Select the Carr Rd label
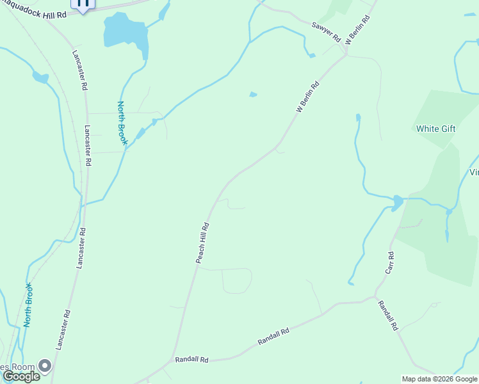tap(389, 263)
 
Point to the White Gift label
tap(435, 129)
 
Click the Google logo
tap(21, 376)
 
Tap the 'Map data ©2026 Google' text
tap(439, 379)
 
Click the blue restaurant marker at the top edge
tap(83, 4)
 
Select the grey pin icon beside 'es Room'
tap(45, 366)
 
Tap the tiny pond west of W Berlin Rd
tap(253, 95)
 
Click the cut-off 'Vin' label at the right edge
tap(474, 172)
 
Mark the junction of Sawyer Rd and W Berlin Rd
tap(346, 54)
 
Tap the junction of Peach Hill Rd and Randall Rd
tap(172, 358)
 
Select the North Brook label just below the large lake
tap(122, 122)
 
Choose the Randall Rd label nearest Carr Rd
tap(387, 315)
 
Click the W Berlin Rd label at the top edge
tap(358, 31)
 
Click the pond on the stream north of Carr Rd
tap(397, 204)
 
